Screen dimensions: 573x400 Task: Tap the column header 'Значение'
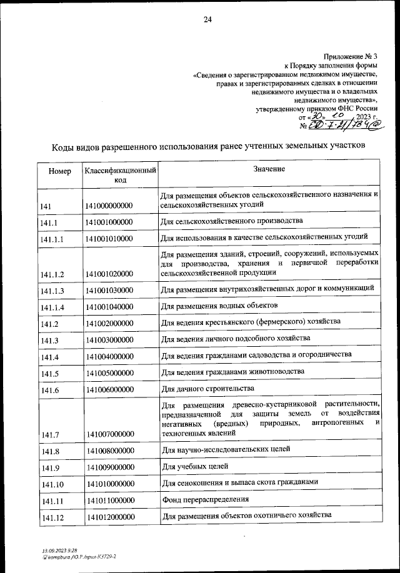(x=269, y=169)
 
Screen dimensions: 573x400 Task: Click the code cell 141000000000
(x=109, y=206)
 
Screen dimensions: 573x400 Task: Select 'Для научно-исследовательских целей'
(x=225, y=449)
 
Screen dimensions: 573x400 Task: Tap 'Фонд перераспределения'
(x=205, y=499)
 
